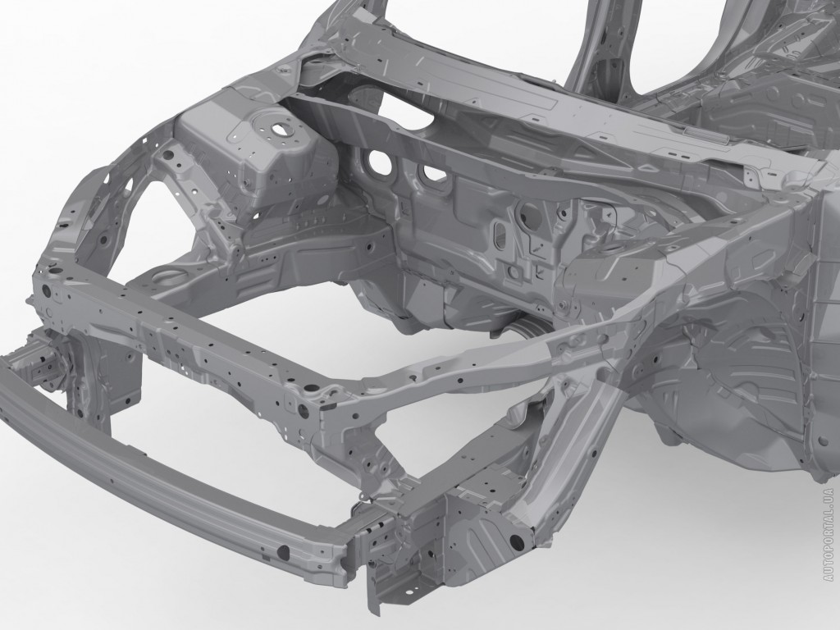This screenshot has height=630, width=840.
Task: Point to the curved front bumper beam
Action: coord(171,462)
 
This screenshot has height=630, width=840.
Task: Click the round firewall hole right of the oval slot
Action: coord(527,211)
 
